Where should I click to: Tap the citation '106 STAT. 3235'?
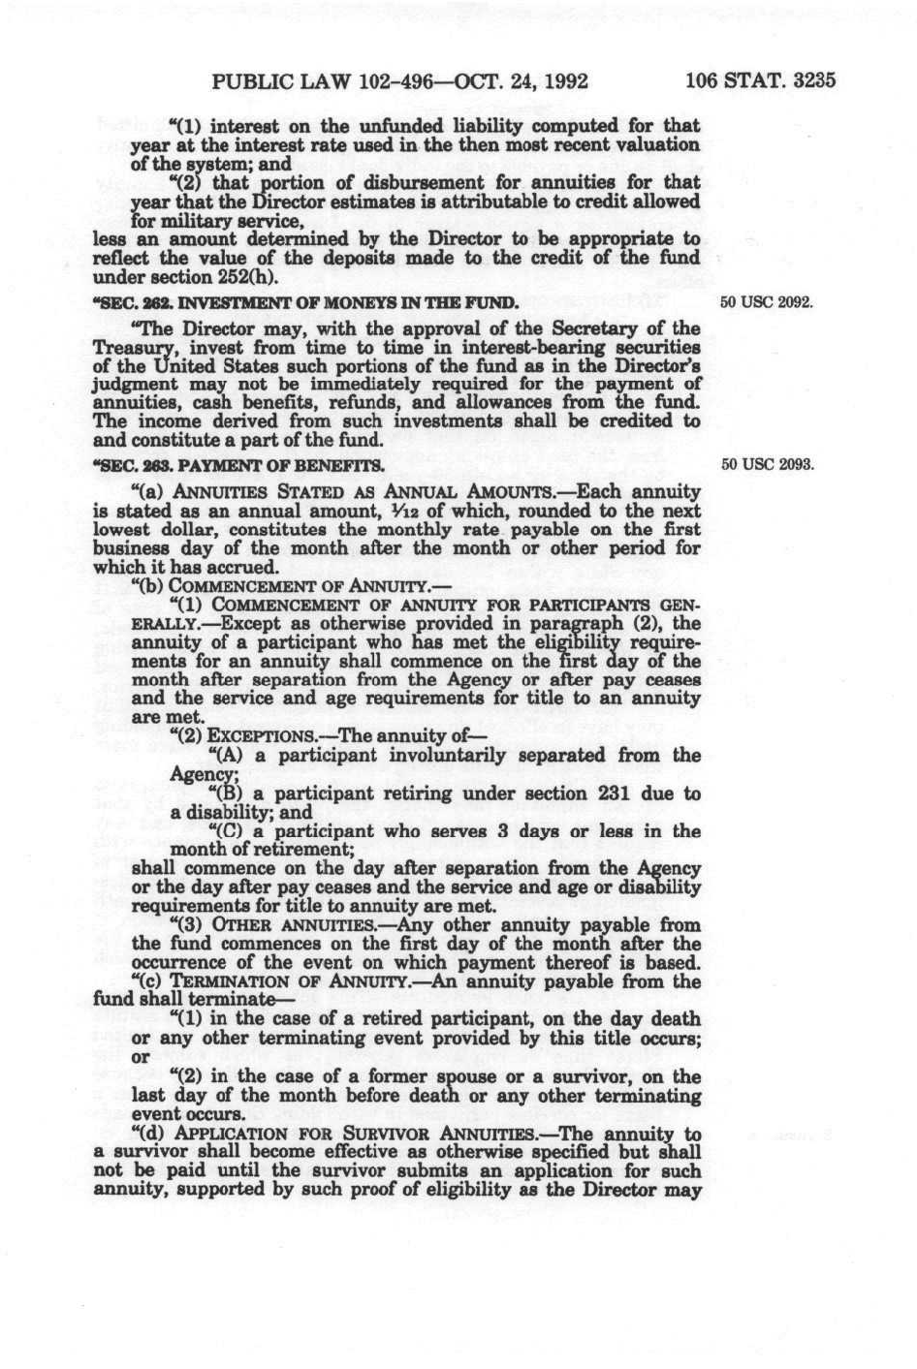tap(760, 80)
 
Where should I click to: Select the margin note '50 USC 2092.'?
tap(765, 302)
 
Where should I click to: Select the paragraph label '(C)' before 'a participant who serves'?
tap(226, 831)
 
